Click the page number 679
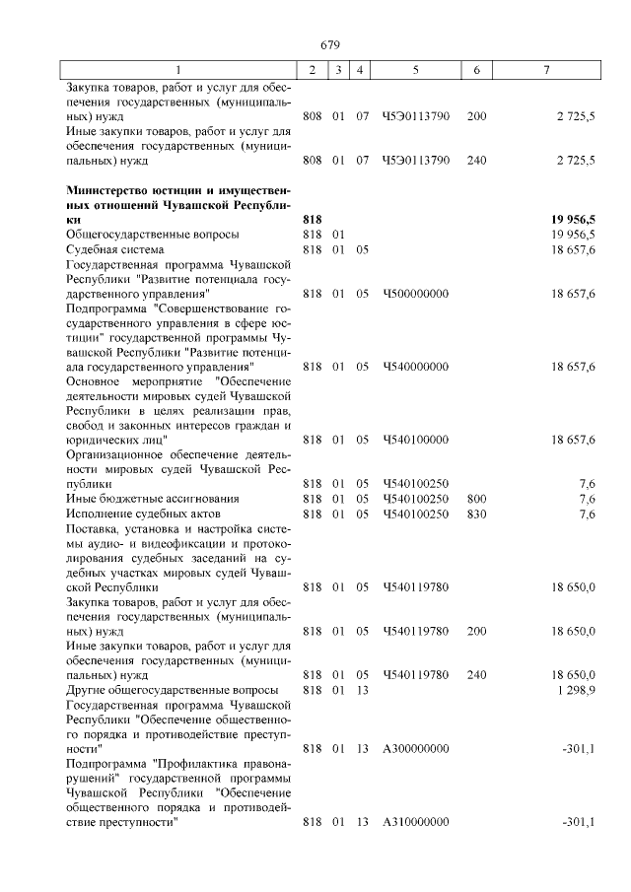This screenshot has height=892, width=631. click(x=330, y=44)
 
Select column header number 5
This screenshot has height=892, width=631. click(x=415, y=70)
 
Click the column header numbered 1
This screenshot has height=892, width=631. click(x=178, y=70)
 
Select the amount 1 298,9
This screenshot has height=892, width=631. click(x=575, y=690)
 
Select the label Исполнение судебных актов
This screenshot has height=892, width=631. click(x=136, y=514)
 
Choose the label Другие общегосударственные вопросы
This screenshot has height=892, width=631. click(x=172, y=690)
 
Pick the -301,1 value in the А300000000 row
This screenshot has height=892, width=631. click(x=578, y=748)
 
